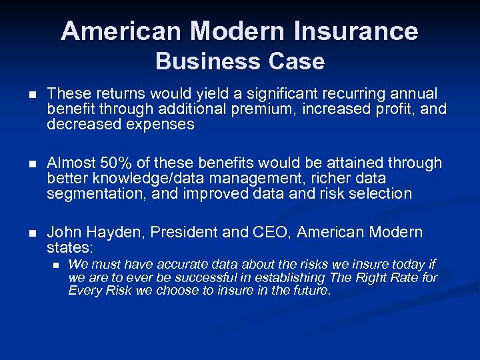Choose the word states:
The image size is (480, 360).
click(x=69, y=247)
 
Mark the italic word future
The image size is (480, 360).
click(x=311, y=290)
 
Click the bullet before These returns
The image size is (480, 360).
click(x=25, y=94)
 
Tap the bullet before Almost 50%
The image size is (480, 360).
click(x=25, y=163)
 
